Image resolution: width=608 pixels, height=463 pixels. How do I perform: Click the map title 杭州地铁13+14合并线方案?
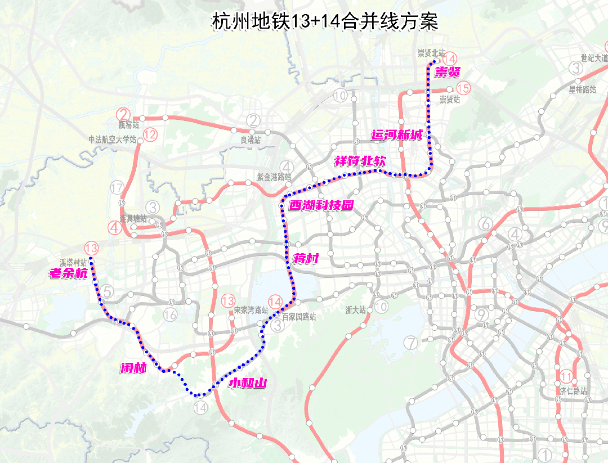point(325,22)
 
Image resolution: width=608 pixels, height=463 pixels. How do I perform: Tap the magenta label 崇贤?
point(448,71)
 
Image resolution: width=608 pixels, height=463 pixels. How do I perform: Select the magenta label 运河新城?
point(397,135)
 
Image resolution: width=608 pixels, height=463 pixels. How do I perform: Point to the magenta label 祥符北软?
point(360,161)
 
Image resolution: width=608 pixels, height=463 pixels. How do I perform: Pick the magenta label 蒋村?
point(306,259)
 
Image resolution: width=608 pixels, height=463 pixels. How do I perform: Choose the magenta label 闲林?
point(133,368)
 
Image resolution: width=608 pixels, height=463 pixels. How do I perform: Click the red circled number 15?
point(463,88)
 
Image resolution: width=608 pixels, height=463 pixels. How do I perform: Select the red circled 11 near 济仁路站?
point(566,377)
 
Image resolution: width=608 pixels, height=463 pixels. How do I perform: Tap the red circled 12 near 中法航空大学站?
point(150,134)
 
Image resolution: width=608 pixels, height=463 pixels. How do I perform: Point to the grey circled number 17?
point(117,187)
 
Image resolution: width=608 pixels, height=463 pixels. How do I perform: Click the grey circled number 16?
point(170,314)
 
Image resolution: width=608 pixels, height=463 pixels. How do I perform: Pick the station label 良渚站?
point(251,140)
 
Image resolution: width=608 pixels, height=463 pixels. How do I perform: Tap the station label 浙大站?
point(356,309)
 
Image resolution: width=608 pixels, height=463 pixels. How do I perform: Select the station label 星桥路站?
point(582,89)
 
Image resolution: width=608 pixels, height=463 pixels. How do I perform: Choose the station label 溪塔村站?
point(74,262)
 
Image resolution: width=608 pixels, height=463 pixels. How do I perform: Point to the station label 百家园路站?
point(299,317)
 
